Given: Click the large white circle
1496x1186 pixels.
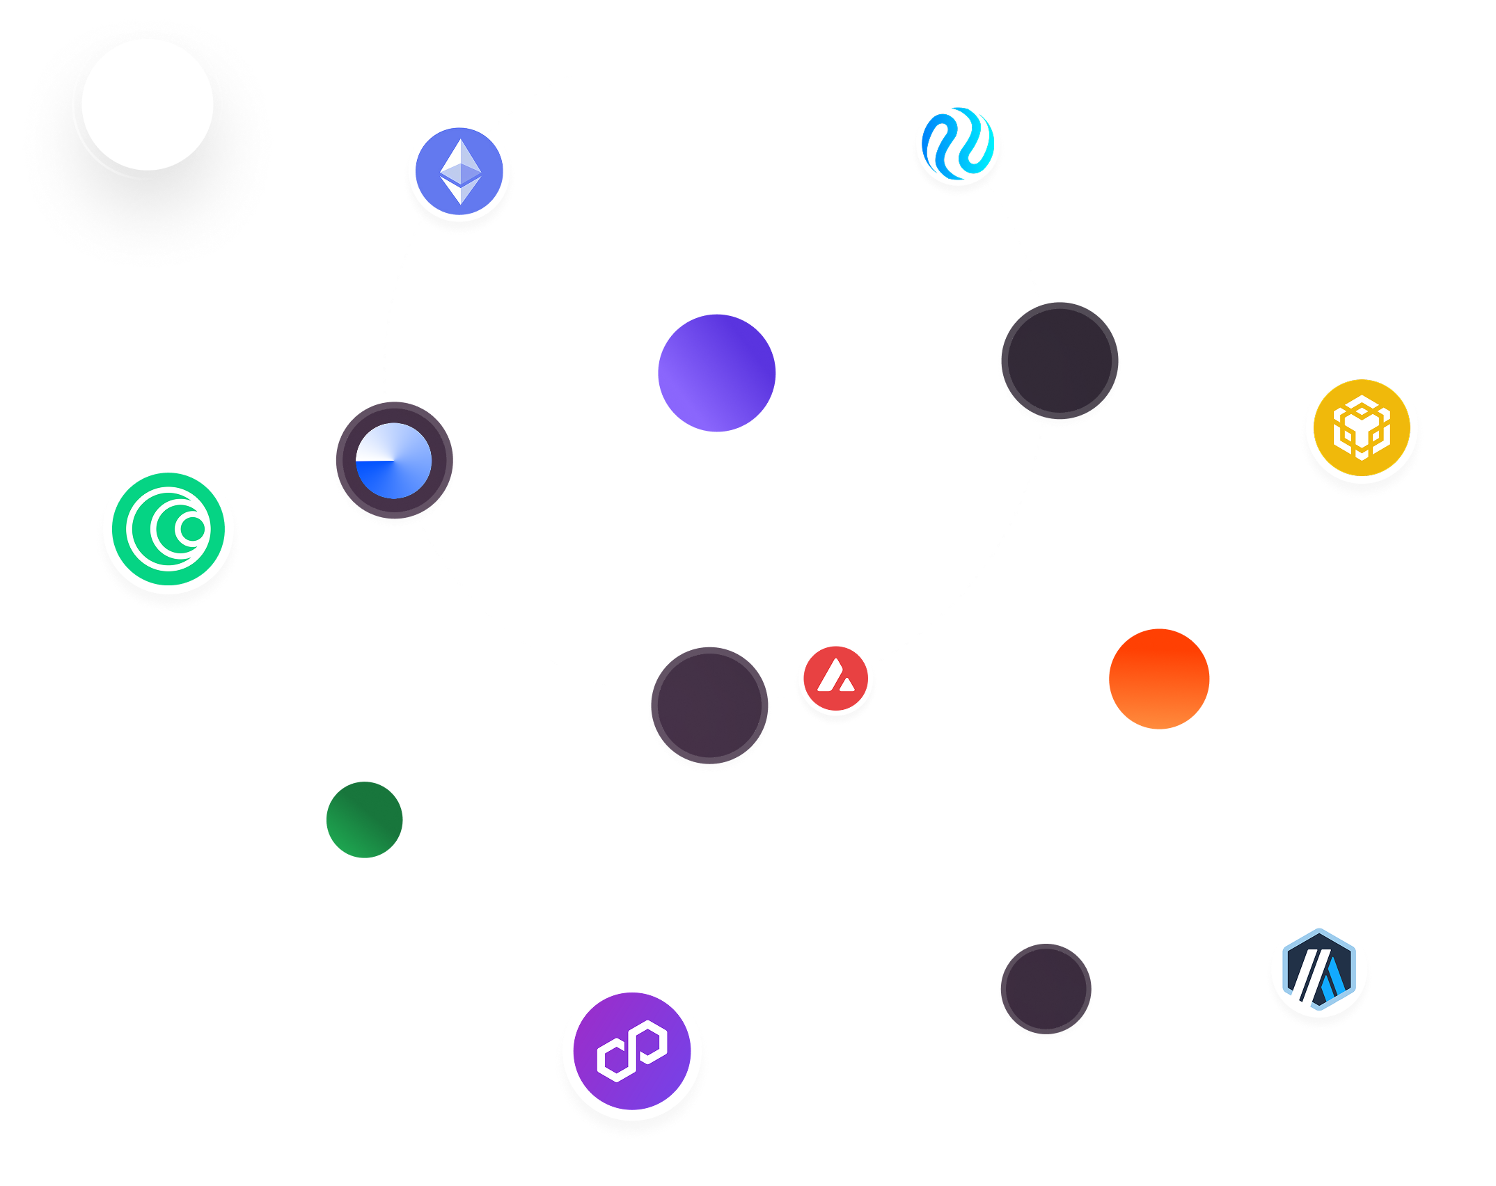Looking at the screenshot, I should (148, 104).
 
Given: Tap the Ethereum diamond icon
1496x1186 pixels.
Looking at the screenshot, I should (459, 171).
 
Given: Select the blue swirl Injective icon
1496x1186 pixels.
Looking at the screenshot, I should (958, 143).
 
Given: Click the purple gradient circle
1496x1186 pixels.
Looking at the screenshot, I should (716, 372).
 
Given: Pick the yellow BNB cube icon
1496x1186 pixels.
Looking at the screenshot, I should (1361, 427).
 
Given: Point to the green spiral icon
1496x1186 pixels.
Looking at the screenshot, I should (168, 528).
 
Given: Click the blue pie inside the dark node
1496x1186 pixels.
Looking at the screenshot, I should (394, 461).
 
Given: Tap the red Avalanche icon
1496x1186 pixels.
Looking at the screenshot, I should (835, 677).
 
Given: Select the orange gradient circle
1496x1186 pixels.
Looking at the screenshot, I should (1159, 679).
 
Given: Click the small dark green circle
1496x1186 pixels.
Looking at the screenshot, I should (364, 819).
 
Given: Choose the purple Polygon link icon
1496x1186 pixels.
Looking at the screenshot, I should (632, 1050).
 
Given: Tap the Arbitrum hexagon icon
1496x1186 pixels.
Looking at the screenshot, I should (1318, 970).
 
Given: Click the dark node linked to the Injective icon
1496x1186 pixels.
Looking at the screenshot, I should (1060, 361).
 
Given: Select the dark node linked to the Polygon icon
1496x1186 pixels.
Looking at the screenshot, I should (709, 706).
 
